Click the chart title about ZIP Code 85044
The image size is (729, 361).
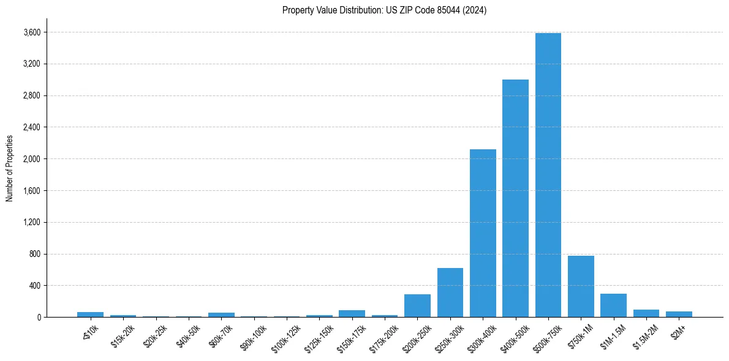[x=384, y=10]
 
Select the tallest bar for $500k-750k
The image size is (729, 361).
[x=548, y=175]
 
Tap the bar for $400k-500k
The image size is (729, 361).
[x=515, y=198]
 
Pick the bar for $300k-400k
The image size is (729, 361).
[x=483, y=233]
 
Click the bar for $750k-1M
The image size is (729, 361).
[x=581, y=286]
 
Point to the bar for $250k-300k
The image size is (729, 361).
[x=450, y=292]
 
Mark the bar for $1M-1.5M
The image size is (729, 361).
[x=613, y=305]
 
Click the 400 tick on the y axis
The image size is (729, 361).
[x=36, y=286]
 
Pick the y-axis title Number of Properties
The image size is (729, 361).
[x=10, y=168]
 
